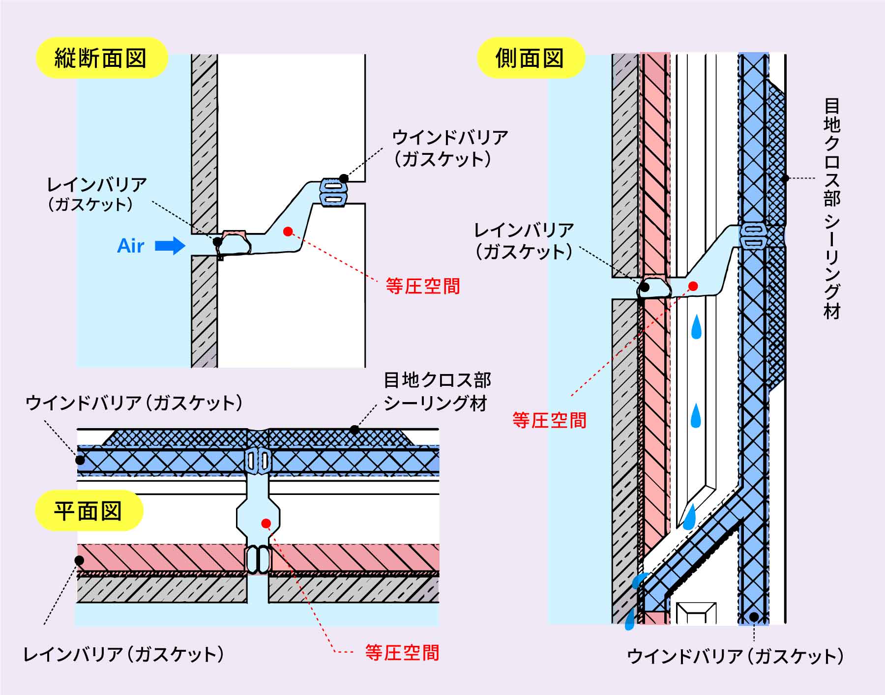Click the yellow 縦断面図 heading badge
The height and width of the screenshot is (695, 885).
(101, 58)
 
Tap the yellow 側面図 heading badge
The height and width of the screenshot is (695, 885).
(530, 58)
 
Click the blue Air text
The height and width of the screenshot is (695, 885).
(131, 246)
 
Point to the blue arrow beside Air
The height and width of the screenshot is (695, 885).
(170, 245)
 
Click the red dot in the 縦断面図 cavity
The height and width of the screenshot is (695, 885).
(288, 231)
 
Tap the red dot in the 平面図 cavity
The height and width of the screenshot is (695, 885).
(266, 523)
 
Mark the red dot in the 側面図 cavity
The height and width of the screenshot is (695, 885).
(693, 286)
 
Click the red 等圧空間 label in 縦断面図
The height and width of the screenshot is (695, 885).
(423, 286)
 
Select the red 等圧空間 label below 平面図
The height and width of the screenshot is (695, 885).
(402, 653)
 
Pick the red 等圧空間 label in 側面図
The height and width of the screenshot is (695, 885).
(549, 420)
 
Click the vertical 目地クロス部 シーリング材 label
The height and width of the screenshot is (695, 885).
(832, 209)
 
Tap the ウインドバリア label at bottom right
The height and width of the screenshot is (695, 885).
(735, 657)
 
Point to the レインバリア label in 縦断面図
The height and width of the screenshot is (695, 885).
(96, 194)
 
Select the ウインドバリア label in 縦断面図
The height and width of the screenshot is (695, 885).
(449, 147)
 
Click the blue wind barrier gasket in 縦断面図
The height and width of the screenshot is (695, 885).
(333, 192)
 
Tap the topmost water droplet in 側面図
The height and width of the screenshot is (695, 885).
(696, 328)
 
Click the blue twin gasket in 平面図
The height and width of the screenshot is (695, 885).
(258, 461)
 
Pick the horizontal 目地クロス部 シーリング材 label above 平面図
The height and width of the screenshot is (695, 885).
(437, 392)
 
